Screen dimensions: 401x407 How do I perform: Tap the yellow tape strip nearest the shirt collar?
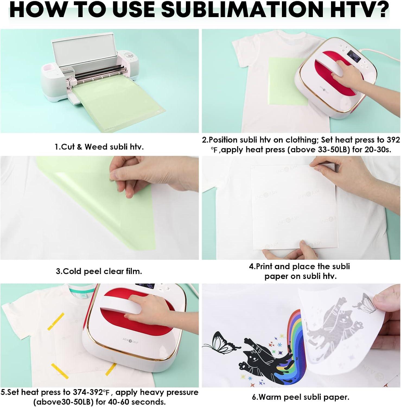(x=56, y=322)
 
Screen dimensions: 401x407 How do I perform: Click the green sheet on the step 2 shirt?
(x=288, y=81)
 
